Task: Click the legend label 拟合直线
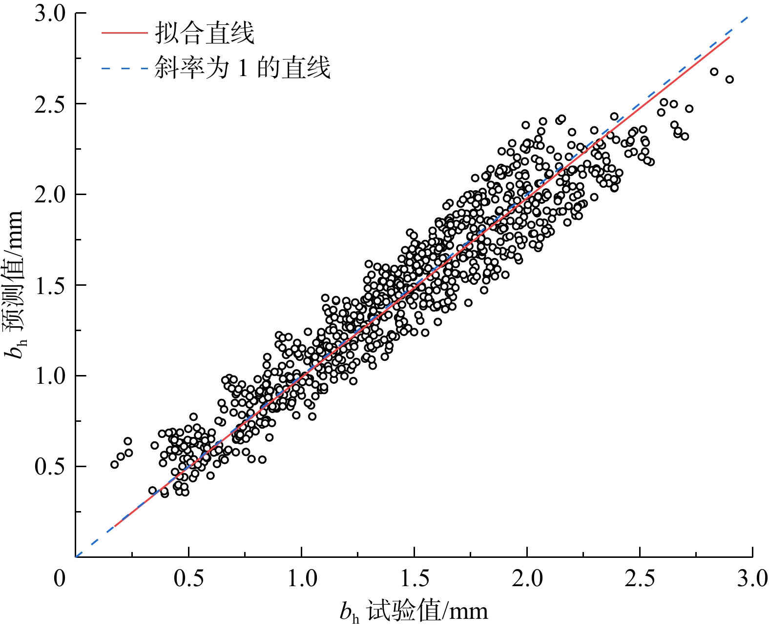pyautogui.click(x=205, y=34)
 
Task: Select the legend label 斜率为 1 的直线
pyautogui.click(x=243, y=68)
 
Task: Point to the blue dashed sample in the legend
pyautogui.click(x=124, y=68)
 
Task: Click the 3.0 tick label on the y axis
pyautogui.click(x=50, y=14)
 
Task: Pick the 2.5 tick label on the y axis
pyautogui.click(x=50, y=104)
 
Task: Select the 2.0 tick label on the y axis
pyautogui.click(x=50, y=195)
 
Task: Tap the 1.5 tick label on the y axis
pyautogui.click(x=50, y=285)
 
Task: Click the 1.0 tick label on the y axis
pyautogui.click(x=50, y=376)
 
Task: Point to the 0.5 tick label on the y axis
pyautogui.click(x=50, y=467)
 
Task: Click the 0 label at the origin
pyautogui.click(x=60, y=579)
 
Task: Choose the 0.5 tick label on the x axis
pyautogui.click(x=188, y=579)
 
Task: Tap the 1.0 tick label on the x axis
pyautogui.click(x=302, y=579)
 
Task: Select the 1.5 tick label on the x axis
pyautogui.click(x=415, y=579)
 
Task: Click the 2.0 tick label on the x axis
pyautogui.click(x=527, y=579)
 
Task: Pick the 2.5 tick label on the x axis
pyautogui.click(x=640, y=579)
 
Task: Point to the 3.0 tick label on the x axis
pyautogui.click(x=752, y=579)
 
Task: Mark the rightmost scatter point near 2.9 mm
pyautogui.click(x=729, y=79)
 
